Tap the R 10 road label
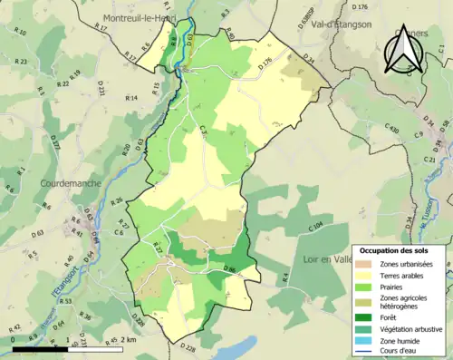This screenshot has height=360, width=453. tap(22, 34)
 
